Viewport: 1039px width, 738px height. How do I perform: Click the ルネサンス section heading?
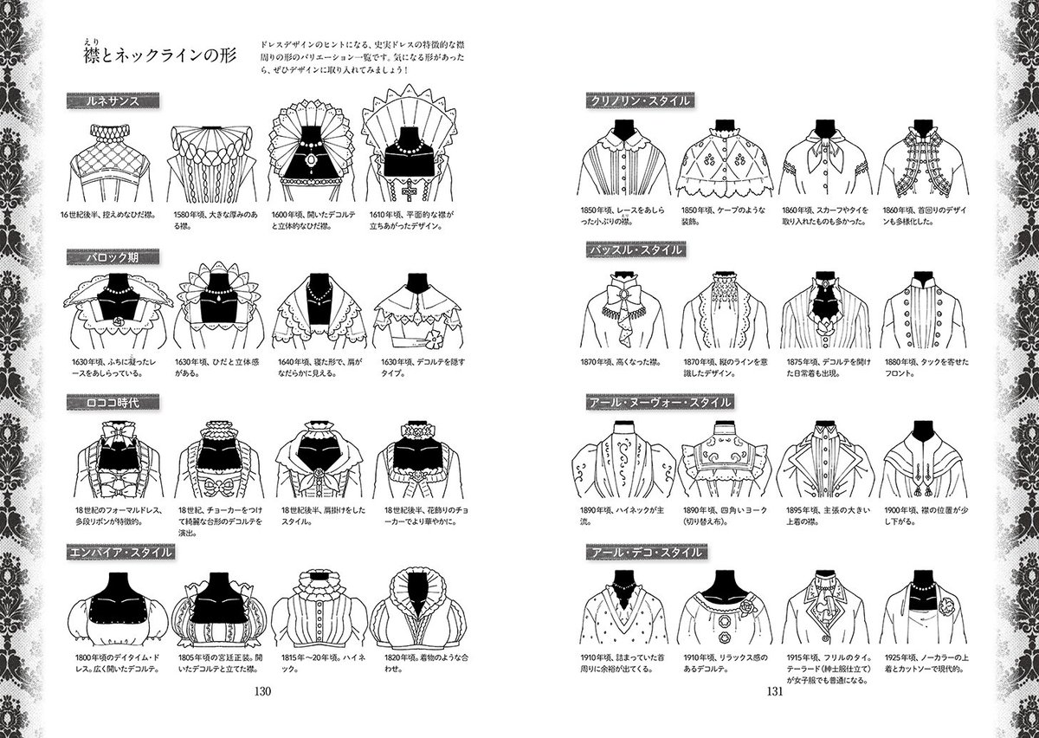(x=113, y=101)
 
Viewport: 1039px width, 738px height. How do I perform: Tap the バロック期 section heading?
(x=113, y=257)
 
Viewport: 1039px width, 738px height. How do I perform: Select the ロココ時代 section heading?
(x=113, y=402)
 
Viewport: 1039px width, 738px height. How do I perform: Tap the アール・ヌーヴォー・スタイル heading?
(x=659, y=403)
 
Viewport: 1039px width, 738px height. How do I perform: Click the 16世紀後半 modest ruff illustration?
(x=108, y=165)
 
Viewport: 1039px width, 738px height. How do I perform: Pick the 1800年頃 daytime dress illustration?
(x=108, y=611)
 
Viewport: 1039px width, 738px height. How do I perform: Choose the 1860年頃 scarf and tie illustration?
(x=823, y=163)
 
